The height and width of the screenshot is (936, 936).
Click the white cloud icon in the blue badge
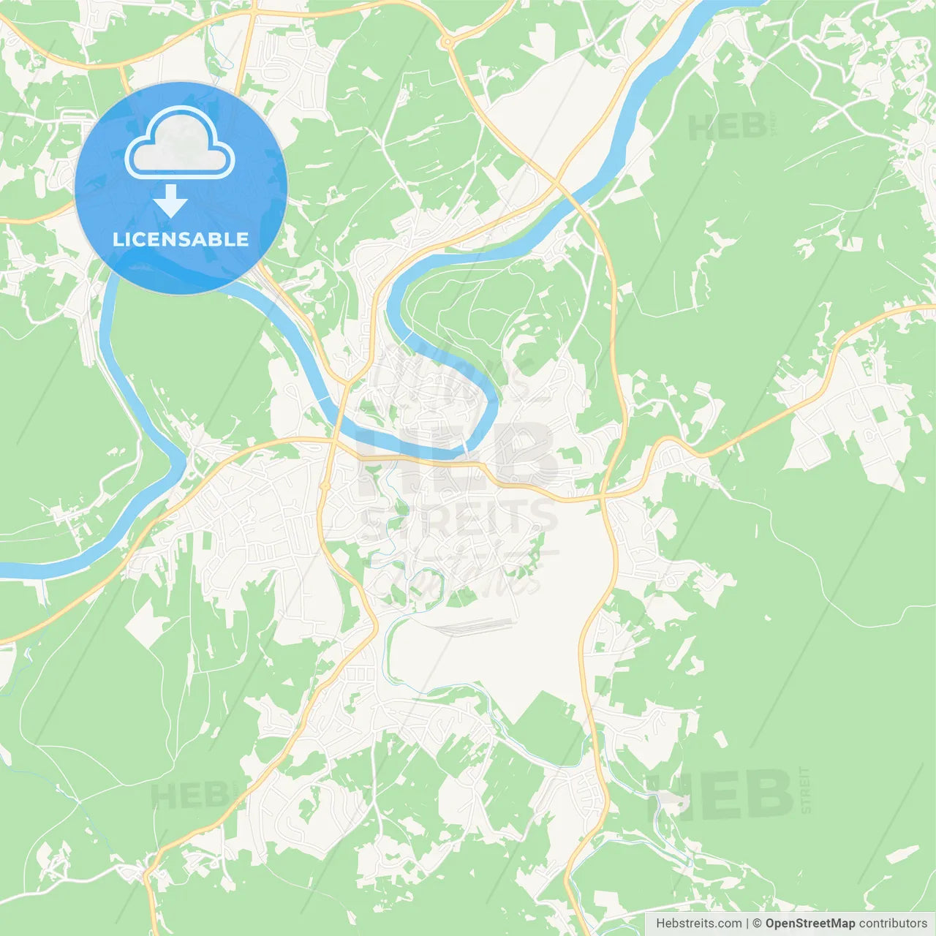[180, 143]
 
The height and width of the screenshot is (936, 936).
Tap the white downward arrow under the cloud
[170, 200]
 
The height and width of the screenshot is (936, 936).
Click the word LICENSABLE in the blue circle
[181, 239]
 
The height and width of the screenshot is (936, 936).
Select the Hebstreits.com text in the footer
[698, 924]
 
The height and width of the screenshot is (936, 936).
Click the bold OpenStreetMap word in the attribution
[809, 924]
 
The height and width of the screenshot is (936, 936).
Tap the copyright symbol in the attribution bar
[757, 924]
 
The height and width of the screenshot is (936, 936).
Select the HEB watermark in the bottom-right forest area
[720, 794]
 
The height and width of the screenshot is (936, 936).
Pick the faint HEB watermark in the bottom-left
[188, 795]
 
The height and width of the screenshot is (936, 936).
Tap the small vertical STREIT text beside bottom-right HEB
[805, 790]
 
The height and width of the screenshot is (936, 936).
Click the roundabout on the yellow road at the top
[446, 43]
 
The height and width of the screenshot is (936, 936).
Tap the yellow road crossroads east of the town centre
[603, 497]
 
